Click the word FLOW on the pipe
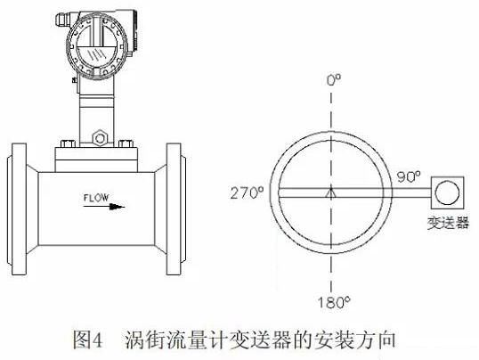[x=96, y=198]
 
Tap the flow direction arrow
[x=104, y=207]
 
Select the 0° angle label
[x=334, y=80]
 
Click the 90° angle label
[x=409, y=177]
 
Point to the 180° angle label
[x=334, y=303]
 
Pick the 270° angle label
[x=248, y=193]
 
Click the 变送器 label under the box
[x=448, y=223]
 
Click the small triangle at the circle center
[x=331, y=193]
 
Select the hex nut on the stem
[x=100, y=138]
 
